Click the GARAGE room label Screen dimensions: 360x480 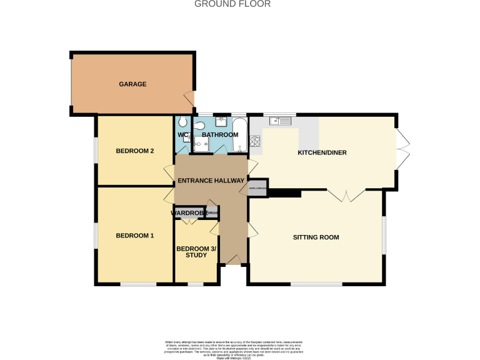(133, 84)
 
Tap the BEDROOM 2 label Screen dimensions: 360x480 (135, 151)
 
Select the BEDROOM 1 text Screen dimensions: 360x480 (135, 236)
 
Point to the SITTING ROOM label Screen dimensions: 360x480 (316, 237)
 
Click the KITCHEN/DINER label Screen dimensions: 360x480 (322, 152)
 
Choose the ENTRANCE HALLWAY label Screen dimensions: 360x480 (211, 181)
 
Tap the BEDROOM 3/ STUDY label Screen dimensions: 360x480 (196, 252)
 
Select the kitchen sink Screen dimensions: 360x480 (281, 121)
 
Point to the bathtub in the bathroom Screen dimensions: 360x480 (240, 135)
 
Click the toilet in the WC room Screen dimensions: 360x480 (182, 121)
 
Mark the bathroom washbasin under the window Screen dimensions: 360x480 (221, 121)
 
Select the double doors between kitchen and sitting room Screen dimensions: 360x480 (347, 196)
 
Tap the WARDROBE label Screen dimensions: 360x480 (189, 214)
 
